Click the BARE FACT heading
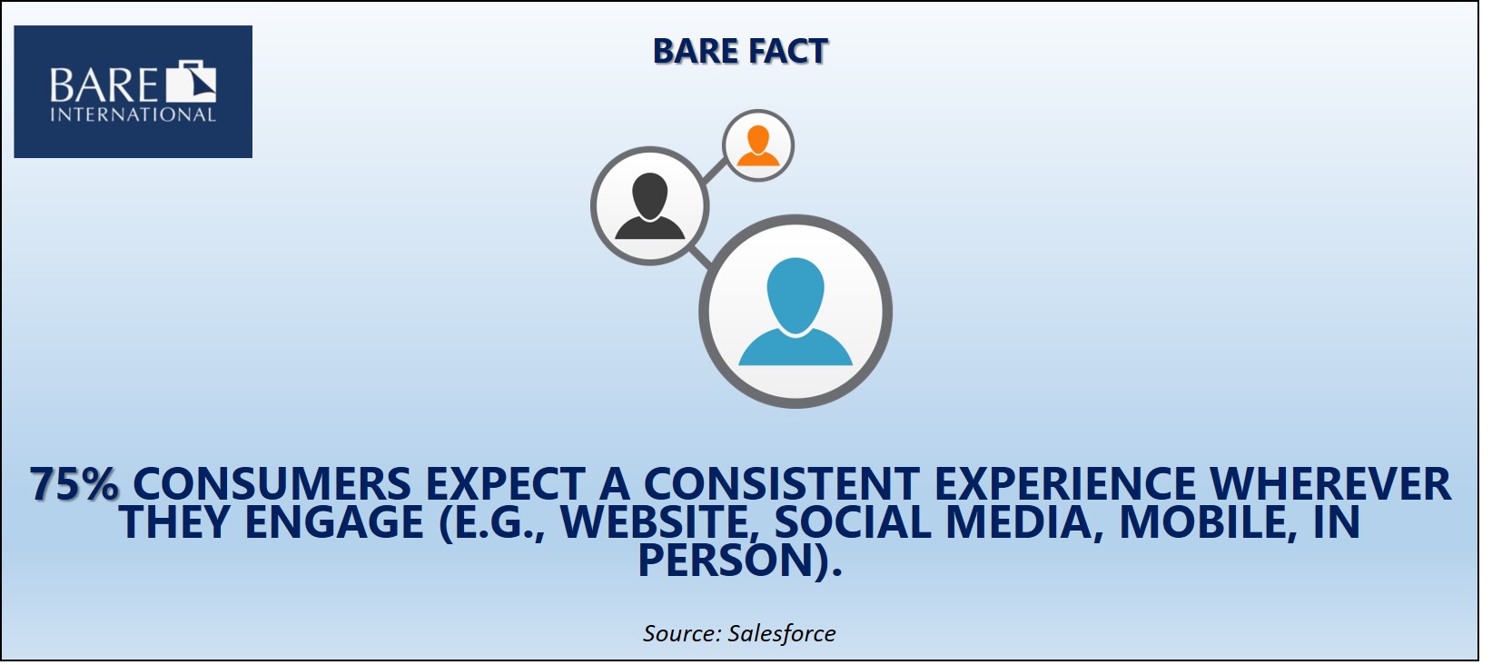pos(739,51)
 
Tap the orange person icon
pos(758,145)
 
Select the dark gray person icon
pos(649,206)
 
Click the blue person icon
pos(795,312)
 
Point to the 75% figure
pos(74,483)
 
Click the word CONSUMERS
pos(272,483)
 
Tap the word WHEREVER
pos(1331,483)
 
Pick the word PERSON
pos(724,561)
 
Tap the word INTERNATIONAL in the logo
pos(133,114)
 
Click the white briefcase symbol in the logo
pos(192,81)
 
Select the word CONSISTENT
pos(781,483)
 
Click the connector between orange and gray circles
pos(714,172)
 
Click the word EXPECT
pos(505,483)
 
